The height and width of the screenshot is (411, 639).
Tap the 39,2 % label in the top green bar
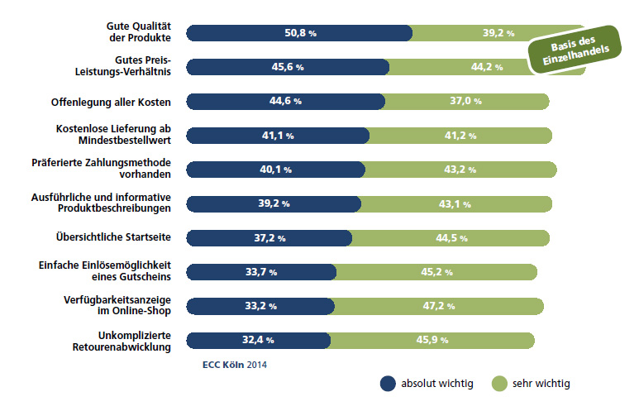(x=498, y=34)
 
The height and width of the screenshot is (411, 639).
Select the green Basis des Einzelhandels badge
(x=574, y=52)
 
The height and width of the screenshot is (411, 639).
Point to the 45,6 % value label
(x=284, y=67)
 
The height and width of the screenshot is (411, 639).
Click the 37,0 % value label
(x=465, y=101)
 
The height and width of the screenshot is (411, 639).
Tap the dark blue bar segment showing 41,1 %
(x=278, y=136)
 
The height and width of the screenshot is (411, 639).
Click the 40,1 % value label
(x=275, y=170)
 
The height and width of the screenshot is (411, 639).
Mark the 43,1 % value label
(x=454, y=203)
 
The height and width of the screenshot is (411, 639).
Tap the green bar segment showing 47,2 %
(x=439, y=306)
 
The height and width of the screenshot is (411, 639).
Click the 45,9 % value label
(x=432, y=340)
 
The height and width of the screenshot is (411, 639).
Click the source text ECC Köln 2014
(x=234, y=363)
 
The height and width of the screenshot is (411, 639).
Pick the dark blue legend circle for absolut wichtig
(x=388, y=384)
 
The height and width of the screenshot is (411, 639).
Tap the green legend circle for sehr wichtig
(x=499, y=384)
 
